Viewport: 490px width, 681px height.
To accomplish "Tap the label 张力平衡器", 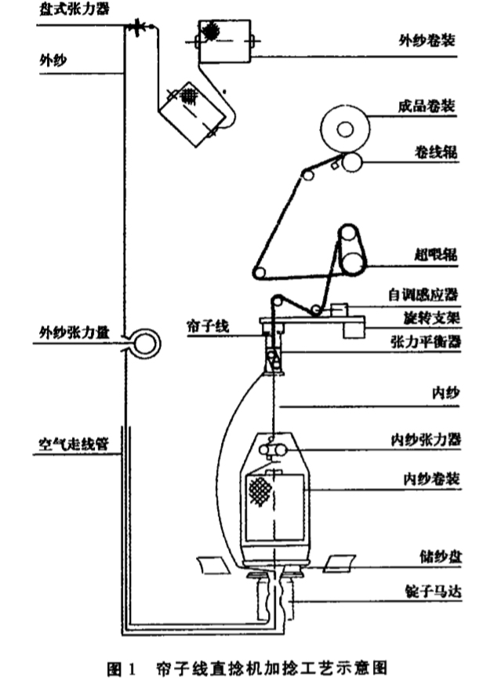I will click(x=424, y=342).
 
